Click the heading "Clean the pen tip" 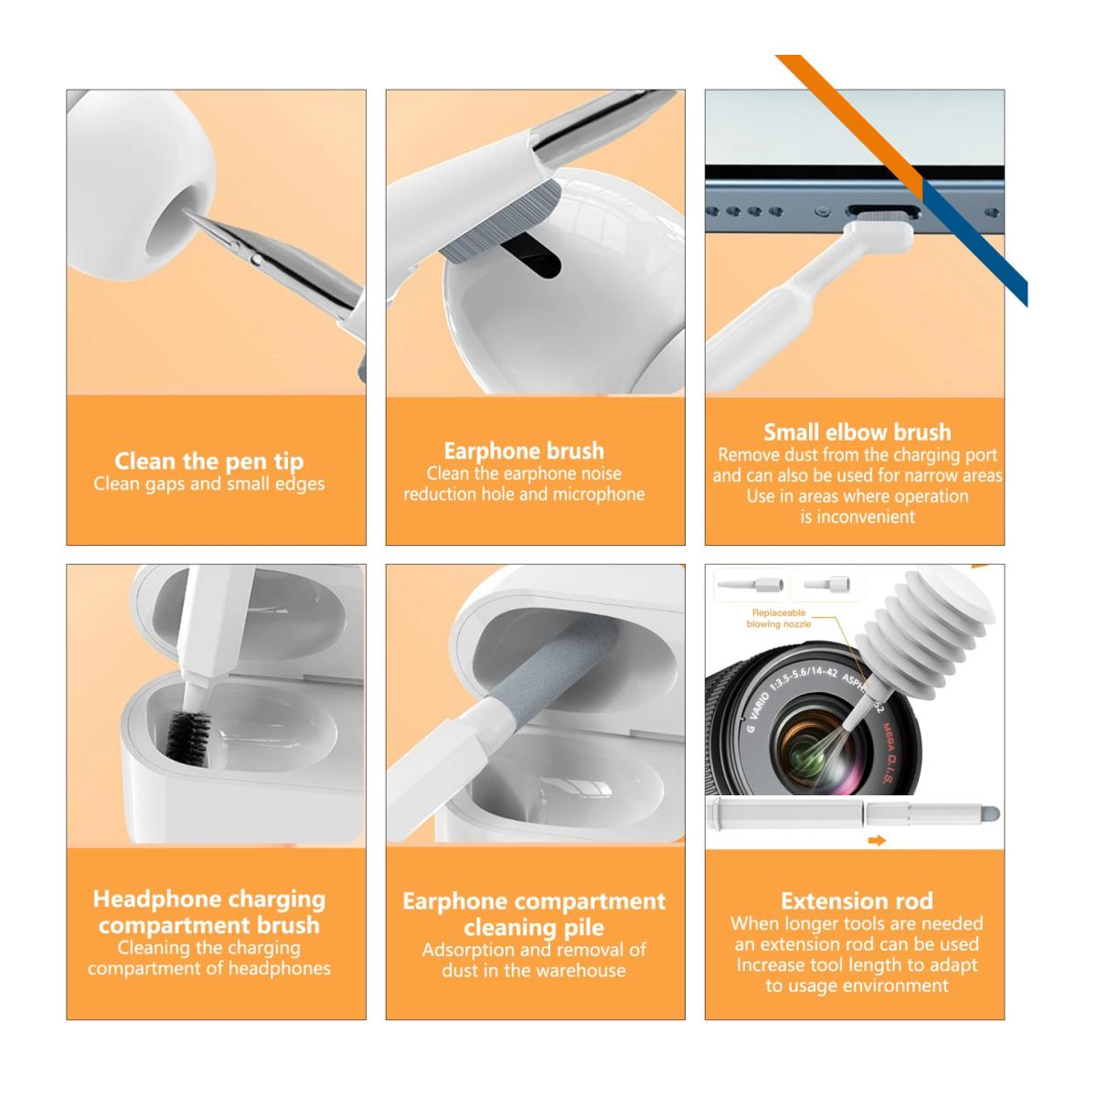(x=208, y=460)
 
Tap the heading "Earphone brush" (x=524, y=451)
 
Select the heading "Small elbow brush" (x=857, y=431)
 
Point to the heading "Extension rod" (x=857, y=900)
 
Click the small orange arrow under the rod (x=876, y=841)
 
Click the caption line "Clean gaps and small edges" (x=208, y=484)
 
